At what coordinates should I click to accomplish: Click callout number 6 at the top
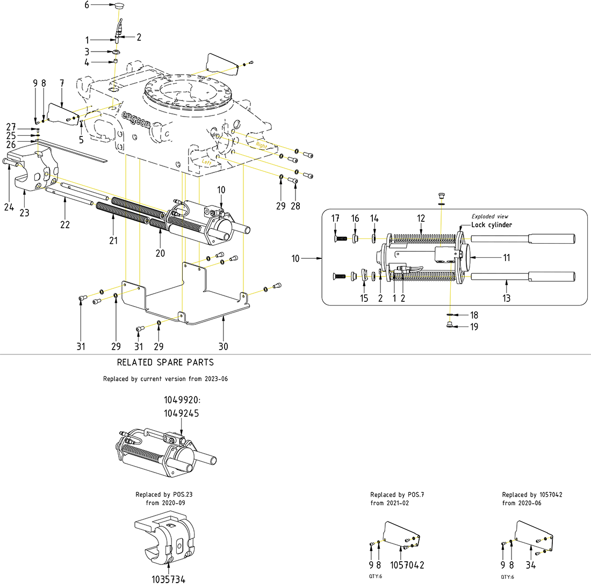(x=87, y=5)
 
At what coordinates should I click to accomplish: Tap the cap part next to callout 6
(x=119, y=6)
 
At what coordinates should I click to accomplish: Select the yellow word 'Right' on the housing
(x=261, y=146)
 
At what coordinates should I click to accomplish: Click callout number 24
(x=9, y=207)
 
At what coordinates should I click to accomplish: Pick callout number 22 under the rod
(x=65, y=224)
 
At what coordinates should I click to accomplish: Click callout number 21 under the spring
(x=113, y=241)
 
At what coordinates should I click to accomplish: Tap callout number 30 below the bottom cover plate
(x=223, y=346)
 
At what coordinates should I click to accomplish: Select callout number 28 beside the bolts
(x=295, y=206)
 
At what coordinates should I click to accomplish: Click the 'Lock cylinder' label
(x=492, y=225)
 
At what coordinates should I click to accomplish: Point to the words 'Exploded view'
(x=490, y=216)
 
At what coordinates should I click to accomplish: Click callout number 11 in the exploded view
(x=507, y=258)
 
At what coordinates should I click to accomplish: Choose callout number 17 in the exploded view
(x=336, y=218)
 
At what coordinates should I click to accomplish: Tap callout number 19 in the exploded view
(x=474, y=326)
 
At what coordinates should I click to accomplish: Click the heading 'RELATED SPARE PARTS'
(x=165, y=362)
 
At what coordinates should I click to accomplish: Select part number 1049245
(x=181, y=413)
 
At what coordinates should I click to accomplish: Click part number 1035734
(x=168, y=579)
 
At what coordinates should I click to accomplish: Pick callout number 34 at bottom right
(x=531, y=565)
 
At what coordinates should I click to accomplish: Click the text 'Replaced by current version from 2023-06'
(x=165, y=379)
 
